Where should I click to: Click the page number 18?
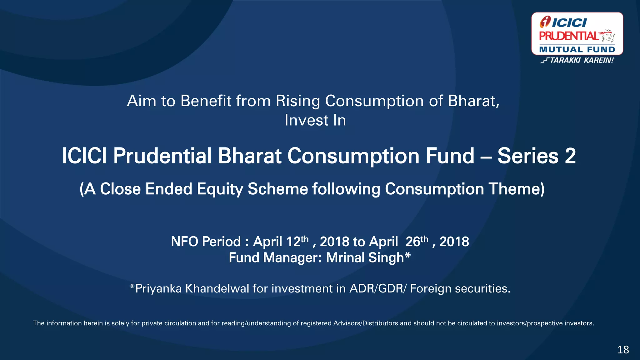pos(623,349)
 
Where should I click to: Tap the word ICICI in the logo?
pos(569,23)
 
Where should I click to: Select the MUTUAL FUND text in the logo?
pos(577,49)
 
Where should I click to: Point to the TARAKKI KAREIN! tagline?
pos(581,60)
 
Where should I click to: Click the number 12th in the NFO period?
pos(297,242)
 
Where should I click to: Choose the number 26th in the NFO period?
pos(417,242)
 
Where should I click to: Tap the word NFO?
pos(184,242)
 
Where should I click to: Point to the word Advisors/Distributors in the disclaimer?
pos(366,323)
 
